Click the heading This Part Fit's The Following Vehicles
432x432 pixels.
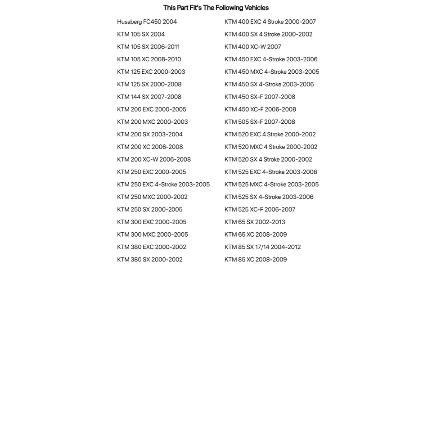coord(216,8)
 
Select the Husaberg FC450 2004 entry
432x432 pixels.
coord(147,22)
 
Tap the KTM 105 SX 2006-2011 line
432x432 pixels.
coord(148,47)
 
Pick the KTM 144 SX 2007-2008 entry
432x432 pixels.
coord(149,97)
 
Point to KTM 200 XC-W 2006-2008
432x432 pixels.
coord(153,159)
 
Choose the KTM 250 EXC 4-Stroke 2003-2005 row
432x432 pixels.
coord(163,184)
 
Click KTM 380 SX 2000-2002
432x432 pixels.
coord(149,260)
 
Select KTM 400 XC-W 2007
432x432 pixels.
coord(252,47)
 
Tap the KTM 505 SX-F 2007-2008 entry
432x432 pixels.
coord(260,122)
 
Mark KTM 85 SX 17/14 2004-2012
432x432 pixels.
coord(262,247)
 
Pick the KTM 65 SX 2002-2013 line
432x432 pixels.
coord(255,222)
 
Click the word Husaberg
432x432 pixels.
coord(129,22)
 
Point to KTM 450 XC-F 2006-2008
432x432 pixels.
coord(260,109)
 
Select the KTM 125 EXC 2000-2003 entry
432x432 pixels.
coord(151,72)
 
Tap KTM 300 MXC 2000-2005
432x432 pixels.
coord(152,234)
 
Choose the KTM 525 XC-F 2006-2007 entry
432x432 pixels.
coord(260,209)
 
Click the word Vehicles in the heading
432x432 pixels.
coord(254,8)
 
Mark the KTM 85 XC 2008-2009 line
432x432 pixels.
coord(256,260)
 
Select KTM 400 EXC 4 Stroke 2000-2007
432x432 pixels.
coord(270,22)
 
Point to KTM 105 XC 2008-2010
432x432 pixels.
coord(149,59)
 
